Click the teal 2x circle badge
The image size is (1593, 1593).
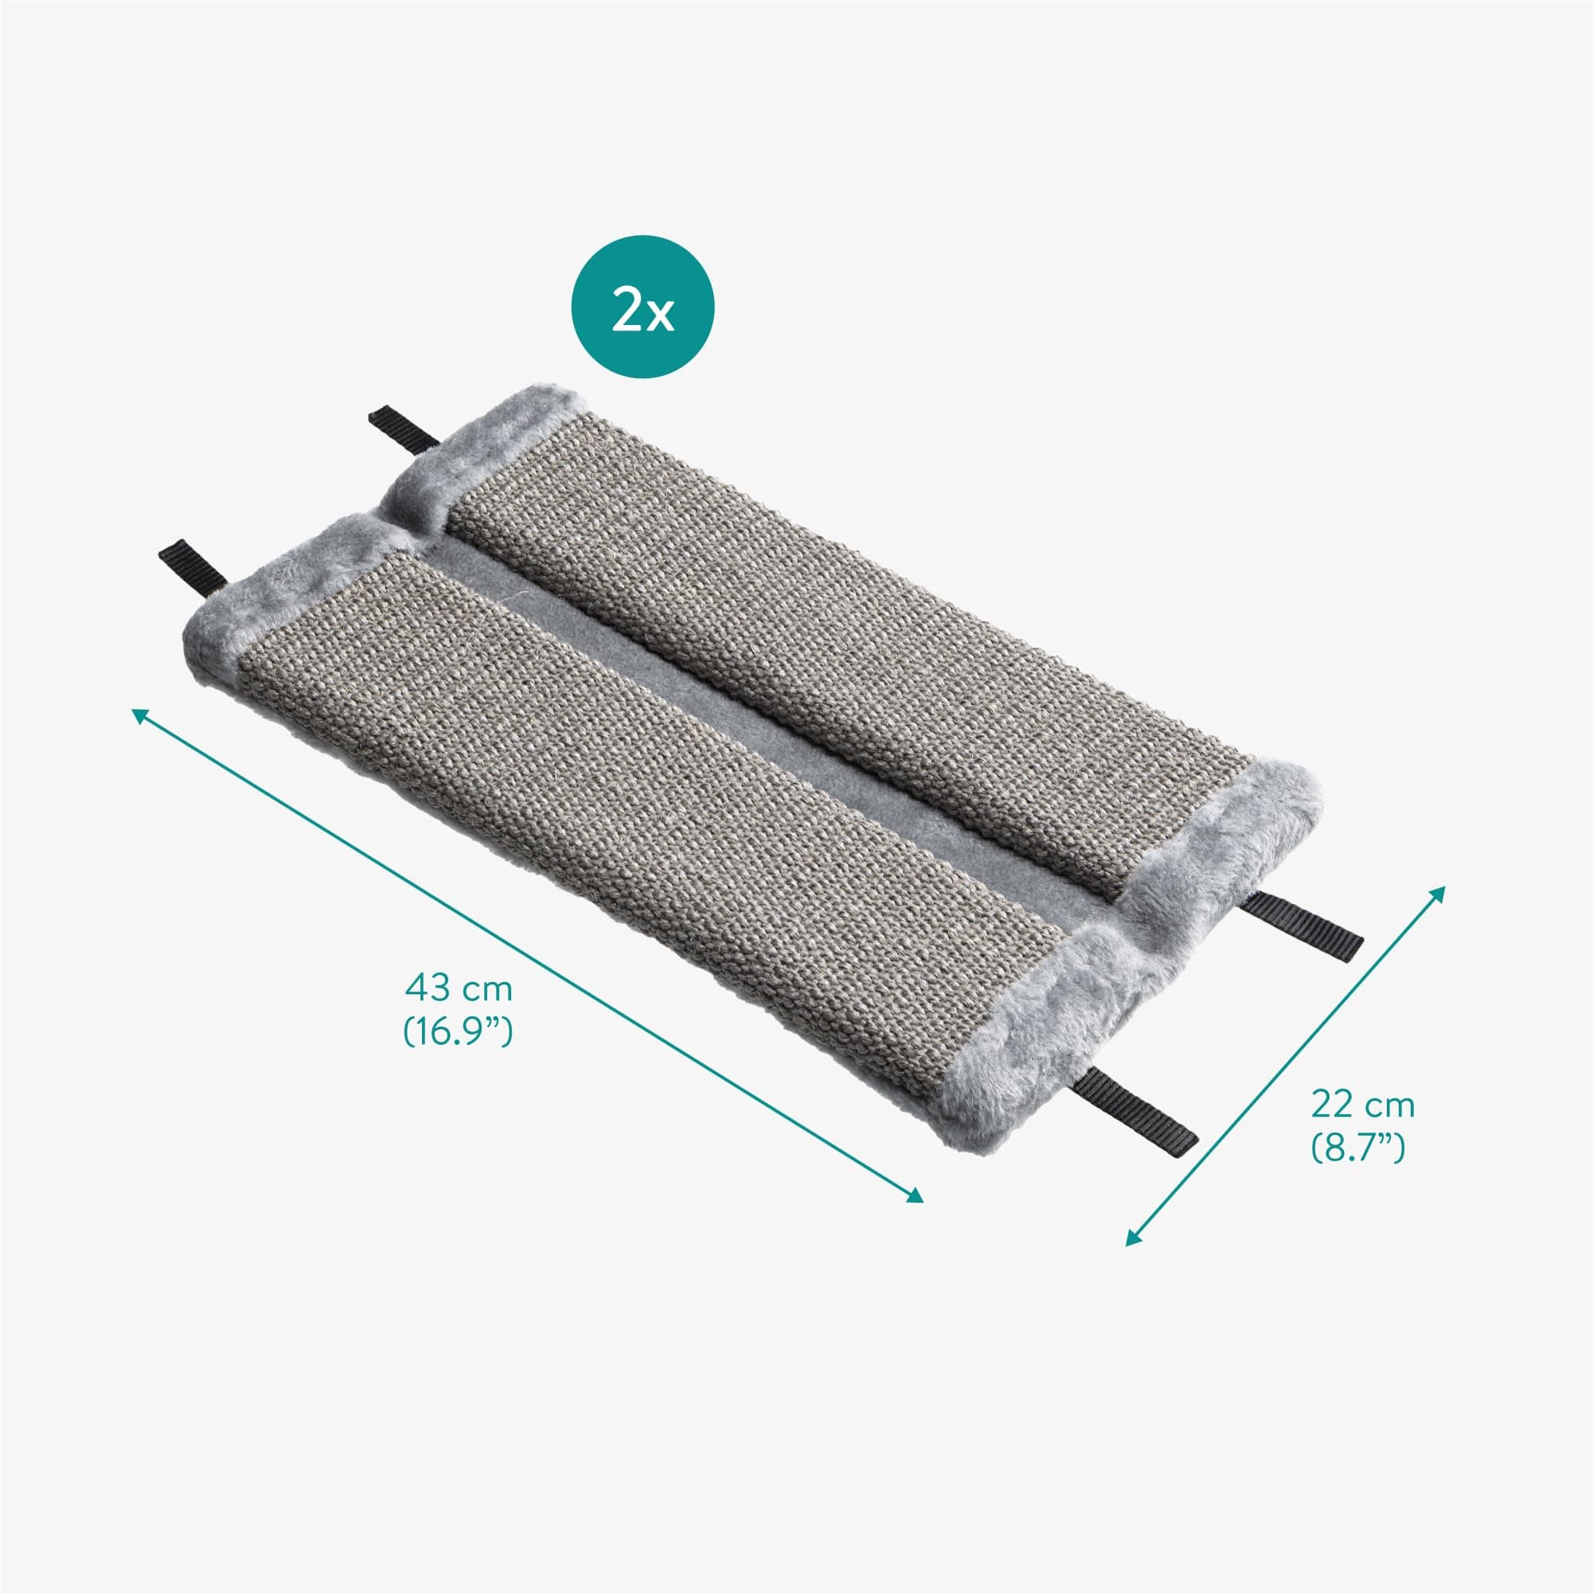[x=642, y=307]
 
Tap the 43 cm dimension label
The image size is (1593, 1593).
[x=459, y=988]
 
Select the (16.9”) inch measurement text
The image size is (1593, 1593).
[x=458, y=1031]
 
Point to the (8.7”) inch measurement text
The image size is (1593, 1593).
[x=1358, y=1149]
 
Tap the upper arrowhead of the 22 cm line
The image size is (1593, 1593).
[x=1438, y=894]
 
